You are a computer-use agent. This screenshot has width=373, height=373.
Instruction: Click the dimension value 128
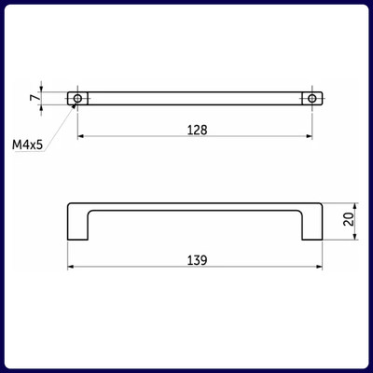[197, 130]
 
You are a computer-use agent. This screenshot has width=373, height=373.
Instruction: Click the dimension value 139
[197, 260]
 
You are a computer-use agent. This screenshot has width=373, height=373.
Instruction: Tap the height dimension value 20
[350, 219]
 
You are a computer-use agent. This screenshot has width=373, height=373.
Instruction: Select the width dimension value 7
[35, 97]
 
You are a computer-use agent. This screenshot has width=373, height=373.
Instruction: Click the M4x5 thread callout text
[27, 145]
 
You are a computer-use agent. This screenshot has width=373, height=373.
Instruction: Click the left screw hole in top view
[77, 99]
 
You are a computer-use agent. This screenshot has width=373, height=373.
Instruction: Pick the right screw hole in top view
[312, 99]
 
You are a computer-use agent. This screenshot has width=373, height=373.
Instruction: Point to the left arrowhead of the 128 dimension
[80, 136]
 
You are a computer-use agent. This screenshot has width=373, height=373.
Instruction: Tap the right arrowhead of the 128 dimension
[310, 136]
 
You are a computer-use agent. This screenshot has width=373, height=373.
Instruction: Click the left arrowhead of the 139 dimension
[71, 267]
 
